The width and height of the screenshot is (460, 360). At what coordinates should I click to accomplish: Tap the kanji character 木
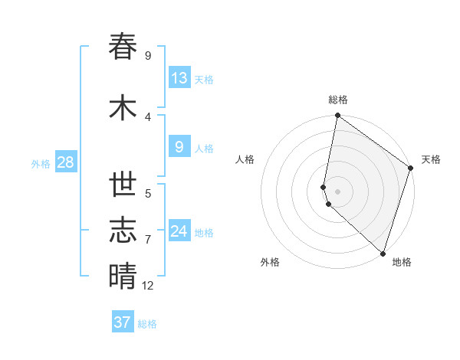(123, 108)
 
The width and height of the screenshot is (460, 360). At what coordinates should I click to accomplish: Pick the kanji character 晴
(123, 276)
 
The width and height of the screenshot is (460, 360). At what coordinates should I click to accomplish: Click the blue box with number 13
(179, 78)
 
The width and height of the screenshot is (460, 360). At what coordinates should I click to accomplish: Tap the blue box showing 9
(179, 147)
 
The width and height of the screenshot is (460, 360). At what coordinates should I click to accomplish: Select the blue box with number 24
(179, 231)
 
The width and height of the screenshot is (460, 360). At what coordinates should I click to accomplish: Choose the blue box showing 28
(65, 163)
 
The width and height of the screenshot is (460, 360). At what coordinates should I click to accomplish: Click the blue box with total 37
(123, 322)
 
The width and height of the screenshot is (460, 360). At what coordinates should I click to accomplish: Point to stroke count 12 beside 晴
(148, 286)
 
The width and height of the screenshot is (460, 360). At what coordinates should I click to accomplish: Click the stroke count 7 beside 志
(148, 240)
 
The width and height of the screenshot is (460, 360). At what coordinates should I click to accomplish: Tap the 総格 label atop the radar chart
(338, 100)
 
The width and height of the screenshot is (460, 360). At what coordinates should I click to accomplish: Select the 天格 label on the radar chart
(431, 159)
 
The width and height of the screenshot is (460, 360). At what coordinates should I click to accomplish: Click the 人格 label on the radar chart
(245, 159)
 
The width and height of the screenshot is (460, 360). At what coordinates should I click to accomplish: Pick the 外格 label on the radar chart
(270, 263)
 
